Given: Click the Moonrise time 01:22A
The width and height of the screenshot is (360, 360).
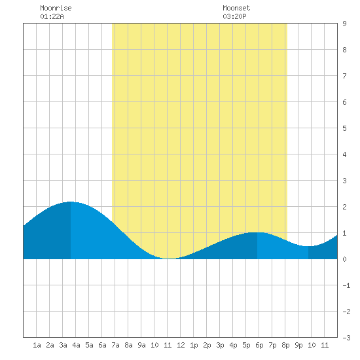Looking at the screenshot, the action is [x=52, y=16].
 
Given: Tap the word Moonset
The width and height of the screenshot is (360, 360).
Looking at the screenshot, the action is [x=236, y=8].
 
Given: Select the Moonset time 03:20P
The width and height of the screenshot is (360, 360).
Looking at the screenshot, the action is [x=234, y=16].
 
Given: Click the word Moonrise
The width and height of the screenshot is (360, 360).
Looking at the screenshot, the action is [x=56, y=8].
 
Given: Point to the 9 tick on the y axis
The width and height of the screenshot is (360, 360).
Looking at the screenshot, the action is [x=344, y=24].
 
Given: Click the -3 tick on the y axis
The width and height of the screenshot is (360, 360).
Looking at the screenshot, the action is [x=346, y=338].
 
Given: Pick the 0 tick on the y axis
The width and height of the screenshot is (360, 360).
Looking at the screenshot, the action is [x=344, y=259].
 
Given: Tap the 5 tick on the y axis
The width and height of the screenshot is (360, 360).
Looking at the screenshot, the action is [x=344, y=128].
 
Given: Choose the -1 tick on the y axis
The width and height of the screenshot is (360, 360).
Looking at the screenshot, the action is [x=346, y=285].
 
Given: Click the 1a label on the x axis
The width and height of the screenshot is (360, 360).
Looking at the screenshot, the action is [x=37, y=345].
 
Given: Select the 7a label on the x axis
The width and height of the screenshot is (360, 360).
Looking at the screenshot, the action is [x=115, y=345].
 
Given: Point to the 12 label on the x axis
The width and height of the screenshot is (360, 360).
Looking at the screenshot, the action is [x=181, y=345].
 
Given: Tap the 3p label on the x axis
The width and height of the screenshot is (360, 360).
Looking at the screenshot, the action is [x=220, y=345].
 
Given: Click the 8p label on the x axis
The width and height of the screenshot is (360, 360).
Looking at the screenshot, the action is [x=285, y=345].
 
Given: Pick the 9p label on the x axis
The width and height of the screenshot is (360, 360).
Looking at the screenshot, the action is [x=298, y=345].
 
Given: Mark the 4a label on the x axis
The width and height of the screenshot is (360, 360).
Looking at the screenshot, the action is [x=76, y=345].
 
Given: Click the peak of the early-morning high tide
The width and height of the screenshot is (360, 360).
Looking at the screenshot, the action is [x=71, y=202].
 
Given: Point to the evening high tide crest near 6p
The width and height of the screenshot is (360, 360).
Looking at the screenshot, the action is [x=257, y=232].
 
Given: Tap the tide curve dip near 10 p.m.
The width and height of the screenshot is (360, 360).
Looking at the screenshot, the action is [x=308, y=246].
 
